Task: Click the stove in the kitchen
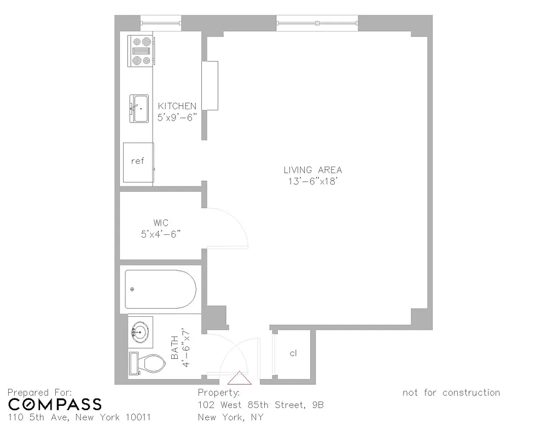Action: pyautogui.click(x=141, y=51)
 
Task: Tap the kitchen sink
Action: pyautogui.click(x=138, y=109)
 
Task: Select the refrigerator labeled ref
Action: pyautogui.click(x=137, y=161)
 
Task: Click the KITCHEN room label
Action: pyautogui.click(x=177, y=106)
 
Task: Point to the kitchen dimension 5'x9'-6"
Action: pyautogui.click(x=177, y=116)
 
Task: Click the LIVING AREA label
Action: pyautogui.click(x=312, y=170)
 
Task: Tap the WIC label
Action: pyautogui.click(x=161, y=223)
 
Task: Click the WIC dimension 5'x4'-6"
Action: pyautogui.click(x=161, y=234)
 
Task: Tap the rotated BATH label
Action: pyautogui.click(x=180, y=347)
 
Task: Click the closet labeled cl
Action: pyautogui.click(x=293, y=353)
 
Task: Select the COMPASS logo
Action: pyautogui.click(x=55, y=404)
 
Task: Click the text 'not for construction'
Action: pyautogui.click(x=451, y=392)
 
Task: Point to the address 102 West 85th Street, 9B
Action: pyautogui.click(x=260, y=405)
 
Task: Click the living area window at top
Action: pyautogui.click(x=317, y=23)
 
